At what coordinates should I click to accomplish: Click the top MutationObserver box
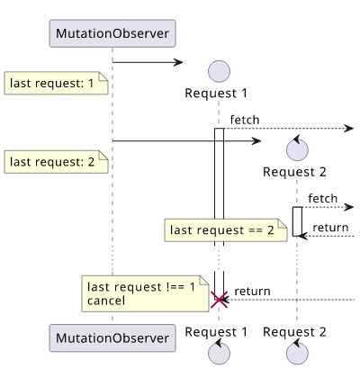pyautogui.click(x=112, y=33)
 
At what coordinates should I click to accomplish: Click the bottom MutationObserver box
pyautogui.click(x=112, y=337)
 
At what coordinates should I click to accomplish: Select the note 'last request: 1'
pyautogui.click(x=56, y=83)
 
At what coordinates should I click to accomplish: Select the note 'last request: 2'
pyautogui.click(x=56, y=162)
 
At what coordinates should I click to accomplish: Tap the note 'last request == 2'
pyautogui.click(x=226, y=230)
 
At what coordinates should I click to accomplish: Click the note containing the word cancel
pyautogui.click(x=145, y=293)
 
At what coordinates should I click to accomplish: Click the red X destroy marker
pyautogui.click(x=219, y=300)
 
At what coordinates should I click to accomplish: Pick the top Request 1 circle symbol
pyautogui.click(x=219, y=71)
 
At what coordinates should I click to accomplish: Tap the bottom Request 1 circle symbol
pyautogui.click(x=219, y=352)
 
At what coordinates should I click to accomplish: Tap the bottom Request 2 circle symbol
pyautogui.click(x=297, y=352)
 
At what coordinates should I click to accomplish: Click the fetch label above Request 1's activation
pyautogui.click(x=245, y=120)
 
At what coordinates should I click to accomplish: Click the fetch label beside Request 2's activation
pyautogui.click(x=322, y=198)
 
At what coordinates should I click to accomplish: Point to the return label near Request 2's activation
pyautogui.click(x=330, y=228)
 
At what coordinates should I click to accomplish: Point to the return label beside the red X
pyautogui.click(x=252, y=291)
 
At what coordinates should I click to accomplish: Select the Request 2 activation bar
pyautogui.click(x=297, y=221)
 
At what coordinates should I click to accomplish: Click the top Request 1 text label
pyautogui.click(x=216, y=93)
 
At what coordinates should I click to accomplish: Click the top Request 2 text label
pyautogui.click(x=294, y=172)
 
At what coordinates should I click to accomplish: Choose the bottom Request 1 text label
pyautogui.click(x=216, y=332)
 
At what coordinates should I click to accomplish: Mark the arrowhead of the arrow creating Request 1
pyautogui.click(x=178, y=62)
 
